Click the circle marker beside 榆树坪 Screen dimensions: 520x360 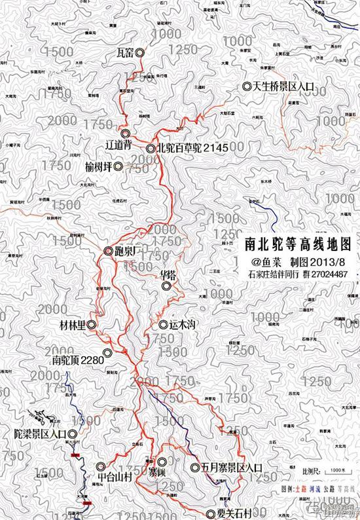click(118, 167)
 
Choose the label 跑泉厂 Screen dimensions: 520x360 click(124, 251)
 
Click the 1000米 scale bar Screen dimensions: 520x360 click(336, 470)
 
